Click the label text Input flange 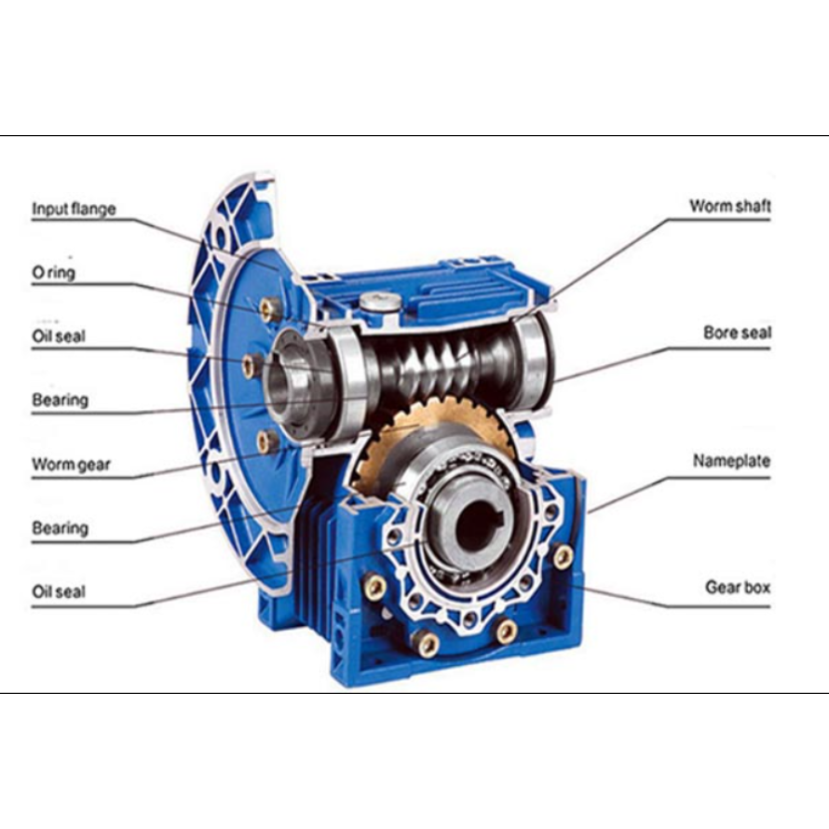tap(74, 209)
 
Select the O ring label tap(53, 273)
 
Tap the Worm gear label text tap(71, 465)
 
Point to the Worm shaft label tap(729, 206)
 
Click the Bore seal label tap(737, 333)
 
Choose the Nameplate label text tap(732, 461)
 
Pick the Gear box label tap(738, 588)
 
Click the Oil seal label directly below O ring tap(58, 336)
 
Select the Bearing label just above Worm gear tap(60, 400)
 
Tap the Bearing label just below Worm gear tap(60, 527)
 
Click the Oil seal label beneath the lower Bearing tap(58, 591)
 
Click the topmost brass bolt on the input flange tap(270, 308)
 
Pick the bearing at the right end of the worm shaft tap(533, 360)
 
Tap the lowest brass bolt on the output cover tap(426, 643)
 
